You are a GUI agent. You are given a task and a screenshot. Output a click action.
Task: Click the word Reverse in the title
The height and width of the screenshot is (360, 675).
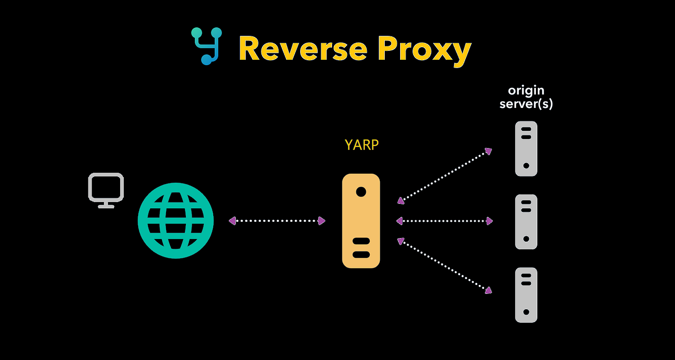pos(303,49)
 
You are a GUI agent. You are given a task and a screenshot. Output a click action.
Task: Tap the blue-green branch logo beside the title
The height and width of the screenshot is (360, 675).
pos(206,46)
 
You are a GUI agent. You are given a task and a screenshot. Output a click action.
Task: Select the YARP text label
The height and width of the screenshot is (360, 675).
pos(361,145)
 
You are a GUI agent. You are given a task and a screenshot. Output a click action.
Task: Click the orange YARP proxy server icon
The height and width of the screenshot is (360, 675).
pos(361,221)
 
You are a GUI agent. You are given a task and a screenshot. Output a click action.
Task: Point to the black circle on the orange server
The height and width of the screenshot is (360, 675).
pos(361,191)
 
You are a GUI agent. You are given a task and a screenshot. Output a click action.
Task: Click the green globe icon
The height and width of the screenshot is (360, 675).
pos(175,220)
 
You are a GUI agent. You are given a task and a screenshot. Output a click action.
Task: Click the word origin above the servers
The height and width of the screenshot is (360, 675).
pos(526,90)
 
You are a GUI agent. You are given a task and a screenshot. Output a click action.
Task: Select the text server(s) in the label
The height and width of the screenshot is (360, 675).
pos(526,104)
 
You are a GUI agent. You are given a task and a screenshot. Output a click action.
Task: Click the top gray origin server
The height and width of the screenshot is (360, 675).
pos(526,148)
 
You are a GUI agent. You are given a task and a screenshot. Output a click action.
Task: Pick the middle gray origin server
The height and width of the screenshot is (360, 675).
pos(526,221)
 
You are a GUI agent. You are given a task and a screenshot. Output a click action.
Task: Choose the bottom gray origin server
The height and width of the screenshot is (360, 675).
pos(526,295)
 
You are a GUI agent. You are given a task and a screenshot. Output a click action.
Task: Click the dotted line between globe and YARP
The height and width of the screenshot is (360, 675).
pos(276,221)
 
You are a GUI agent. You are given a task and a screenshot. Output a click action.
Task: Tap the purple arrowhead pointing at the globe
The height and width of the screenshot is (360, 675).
pos(232,221)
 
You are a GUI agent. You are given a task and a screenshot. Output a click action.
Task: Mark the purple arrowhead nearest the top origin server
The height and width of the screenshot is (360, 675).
pos(489,151)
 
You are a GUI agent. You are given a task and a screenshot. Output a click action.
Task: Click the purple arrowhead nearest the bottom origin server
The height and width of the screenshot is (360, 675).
pos(489,290)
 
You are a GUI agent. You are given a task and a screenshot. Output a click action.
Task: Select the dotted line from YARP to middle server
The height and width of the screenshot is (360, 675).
pos(444,221)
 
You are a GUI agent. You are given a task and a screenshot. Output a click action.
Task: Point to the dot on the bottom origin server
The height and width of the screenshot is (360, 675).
pos(526,312)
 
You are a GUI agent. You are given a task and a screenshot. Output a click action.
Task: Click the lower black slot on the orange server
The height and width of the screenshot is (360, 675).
pos(361,254)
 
